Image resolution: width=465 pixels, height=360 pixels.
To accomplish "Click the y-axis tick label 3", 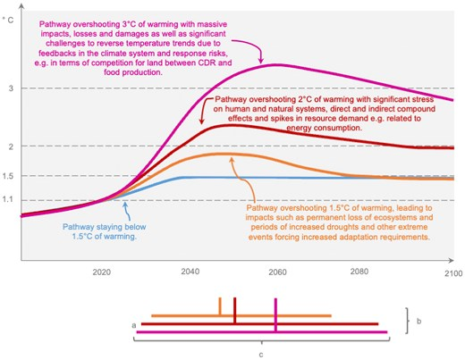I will point(10,88).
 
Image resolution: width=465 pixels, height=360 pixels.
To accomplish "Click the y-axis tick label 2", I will point(10,146).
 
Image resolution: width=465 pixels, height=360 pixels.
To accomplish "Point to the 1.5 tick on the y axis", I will point(10,176).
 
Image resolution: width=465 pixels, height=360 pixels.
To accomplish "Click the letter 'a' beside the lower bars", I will point(133,326).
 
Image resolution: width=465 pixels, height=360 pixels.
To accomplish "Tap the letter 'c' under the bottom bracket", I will point(260,353).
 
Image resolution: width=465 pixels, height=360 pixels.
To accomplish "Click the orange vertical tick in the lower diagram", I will point(220,306).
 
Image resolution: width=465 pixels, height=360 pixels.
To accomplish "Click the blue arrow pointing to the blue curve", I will point(129,210).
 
